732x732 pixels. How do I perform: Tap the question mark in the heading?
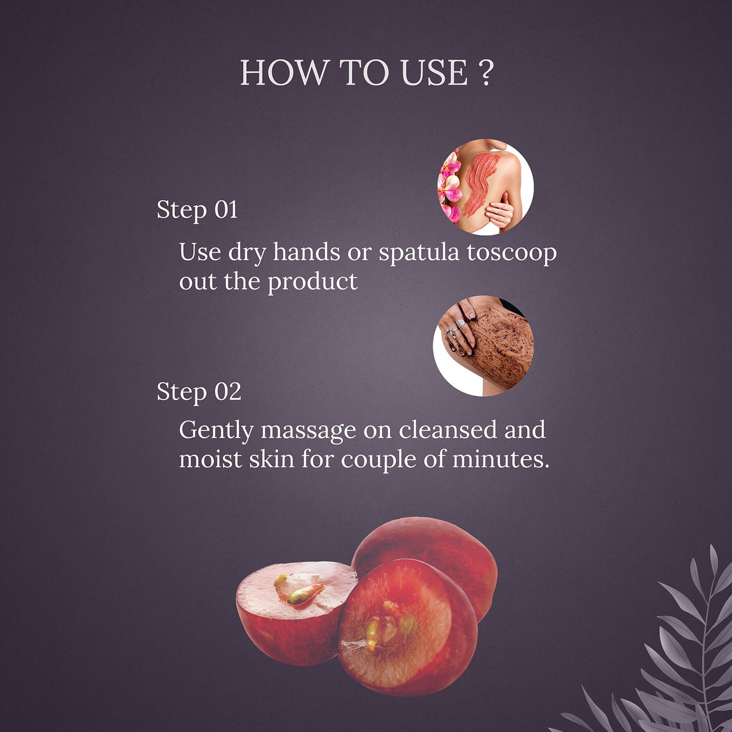pyautogui.click(x=485, y=73)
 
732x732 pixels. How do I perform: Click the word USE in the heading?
pyautogui.click(x=434, y=73)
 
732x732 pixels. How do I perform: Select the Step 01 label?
pyautogui.click(x=197, y=210)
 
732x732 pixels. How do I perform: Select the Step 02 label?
pyautogui.click(x=199, y=392)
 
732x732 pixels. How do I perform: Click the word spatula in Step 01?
pyautogui.click(x=419, y=253)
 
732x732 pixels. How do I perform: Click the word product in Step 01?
pyautogui.click(x=313, y=282)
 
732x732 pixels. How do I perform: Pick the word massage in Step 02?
pyautogui.click(x=308, y=431)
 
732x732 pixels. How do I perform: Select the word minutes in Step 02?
pyautogui.click(x=500, y=459)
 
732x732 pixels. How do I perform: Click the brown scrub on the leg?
pyautogui.click(x=503, y=343)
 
